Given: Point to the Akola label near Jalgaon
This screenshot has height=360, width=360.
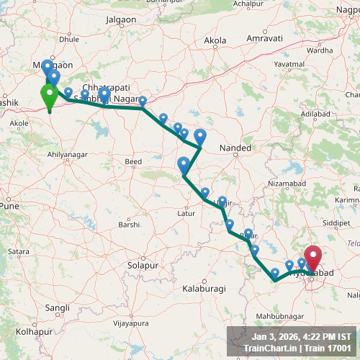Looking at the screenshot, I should click(x=215, y=42).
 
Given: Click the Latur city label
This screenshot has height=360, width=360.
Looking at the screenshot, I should click(x=186, y=213).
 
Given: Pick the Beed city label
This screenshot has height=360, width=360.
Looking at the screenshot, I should click(x=133, y=163).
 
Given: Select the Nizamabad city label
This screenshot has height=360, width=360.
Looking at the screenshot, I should click(x=286, y=184).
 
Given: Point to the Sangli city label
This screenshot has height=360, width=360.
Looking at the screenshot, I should click(x=57, y=307).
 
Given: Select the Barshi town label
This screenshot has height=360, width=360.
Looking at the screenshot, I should click(x=130, y=225).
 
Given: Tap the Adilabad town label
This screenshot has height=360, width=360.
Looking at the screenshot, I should click(x=315, y=114).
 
